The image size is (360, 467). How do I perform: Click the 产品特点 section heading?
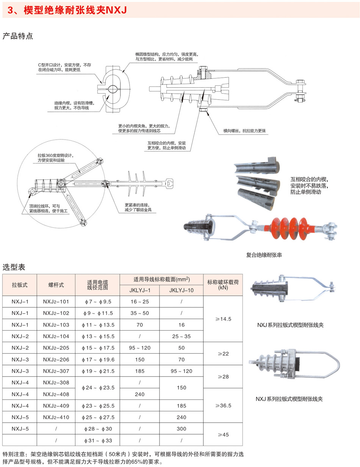(18, 36)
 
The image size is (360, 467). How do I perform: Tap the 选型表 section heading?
(14, 267)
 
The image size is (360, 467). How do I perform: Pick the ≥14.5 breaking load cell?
(223, 320)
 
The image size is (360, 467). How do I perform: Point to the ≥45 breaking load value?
(223, 434)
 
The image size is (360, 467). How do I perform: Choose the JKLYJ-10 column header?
(182, 290)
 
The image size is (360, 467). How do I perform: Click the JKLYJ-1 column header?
(139, 290)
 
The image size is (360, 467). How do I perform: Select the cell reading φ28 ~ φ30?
(98, 429)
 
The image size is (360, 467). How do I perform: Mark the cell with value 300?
(182, 429)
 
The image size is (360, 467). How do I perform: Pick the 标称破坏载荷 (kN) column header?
(223, 285)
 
